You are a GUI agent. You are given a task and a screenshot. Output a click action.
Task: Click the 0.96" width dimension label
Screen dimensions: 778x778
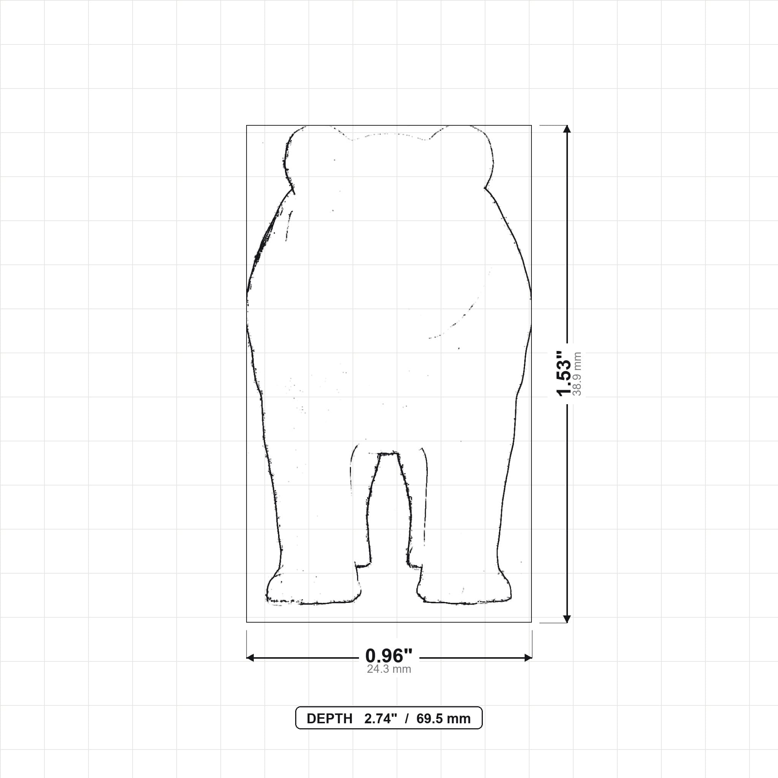pyautogui.click(x=389, y=656)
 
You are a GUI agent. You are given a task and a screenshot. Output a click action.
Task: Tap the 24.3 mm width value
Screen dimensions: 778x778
pyautogui.click(x=389, y=669)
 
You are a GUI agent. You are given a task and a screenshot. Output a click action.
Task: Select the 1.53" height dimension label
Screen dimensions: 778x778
pyautogui.click(x=563, y=373)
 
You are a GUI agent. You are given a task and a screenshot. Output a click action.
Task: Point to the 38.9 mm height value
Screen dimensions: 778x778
pyautogui.click(x=577, y=374)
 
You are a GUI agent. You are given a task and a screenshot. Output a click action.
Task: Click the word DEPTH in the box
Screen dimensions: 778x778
pyautogui.click(x=329, y=719)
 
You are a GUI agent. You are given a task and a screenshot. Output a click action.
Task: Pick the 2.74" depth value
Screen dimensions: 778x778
pyautogui.click(x=381, y=719)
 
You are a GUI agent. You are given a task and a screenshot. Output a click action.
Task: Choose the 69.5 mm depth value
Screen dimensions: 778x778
pyautogui.click(x=443, y=719)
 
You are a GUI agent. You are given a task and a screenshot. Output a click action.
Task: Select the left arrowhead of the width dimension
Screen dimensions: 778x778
pyautogui.click(x=250, y=658)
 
